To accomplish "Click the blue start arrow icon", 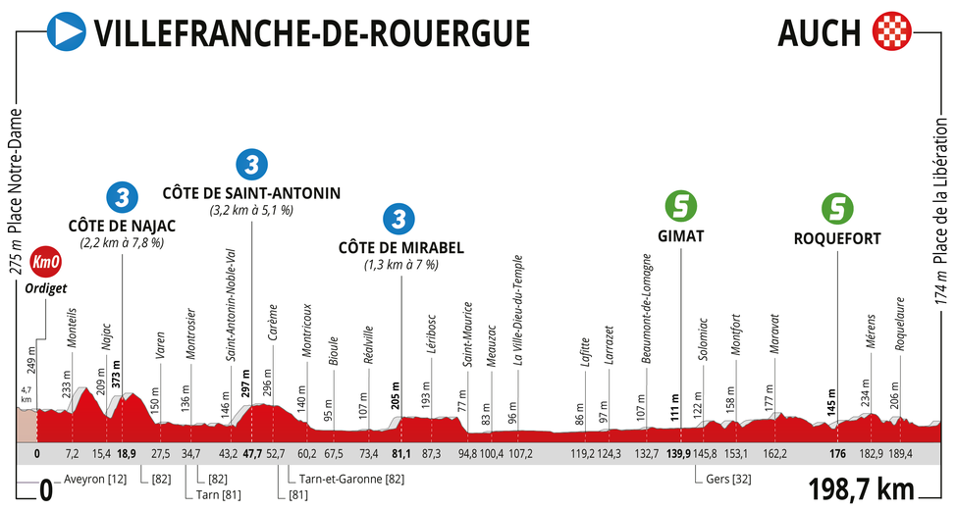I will pyautogui.click(x=67, y=31).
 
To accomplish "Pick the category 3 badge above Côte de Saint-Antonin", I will pyautogui.click(x=252, y=164).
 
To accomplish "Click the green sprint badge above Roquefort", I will pyautogui.click(x=836, y=209).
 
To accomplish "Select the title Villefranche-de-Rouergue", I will pyautogui.click(x=311, y=32).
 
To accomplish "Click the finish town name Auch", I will pyautogui.click(x=818, y=32).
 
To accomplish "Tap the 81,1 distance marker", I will pyautogui.click(x=400, y=453).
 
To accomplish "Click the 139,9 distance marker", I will pyautogui.click(x=678, y=453).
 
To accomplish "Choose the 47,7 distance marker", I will pyautogui.click(x=252, y=453).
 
